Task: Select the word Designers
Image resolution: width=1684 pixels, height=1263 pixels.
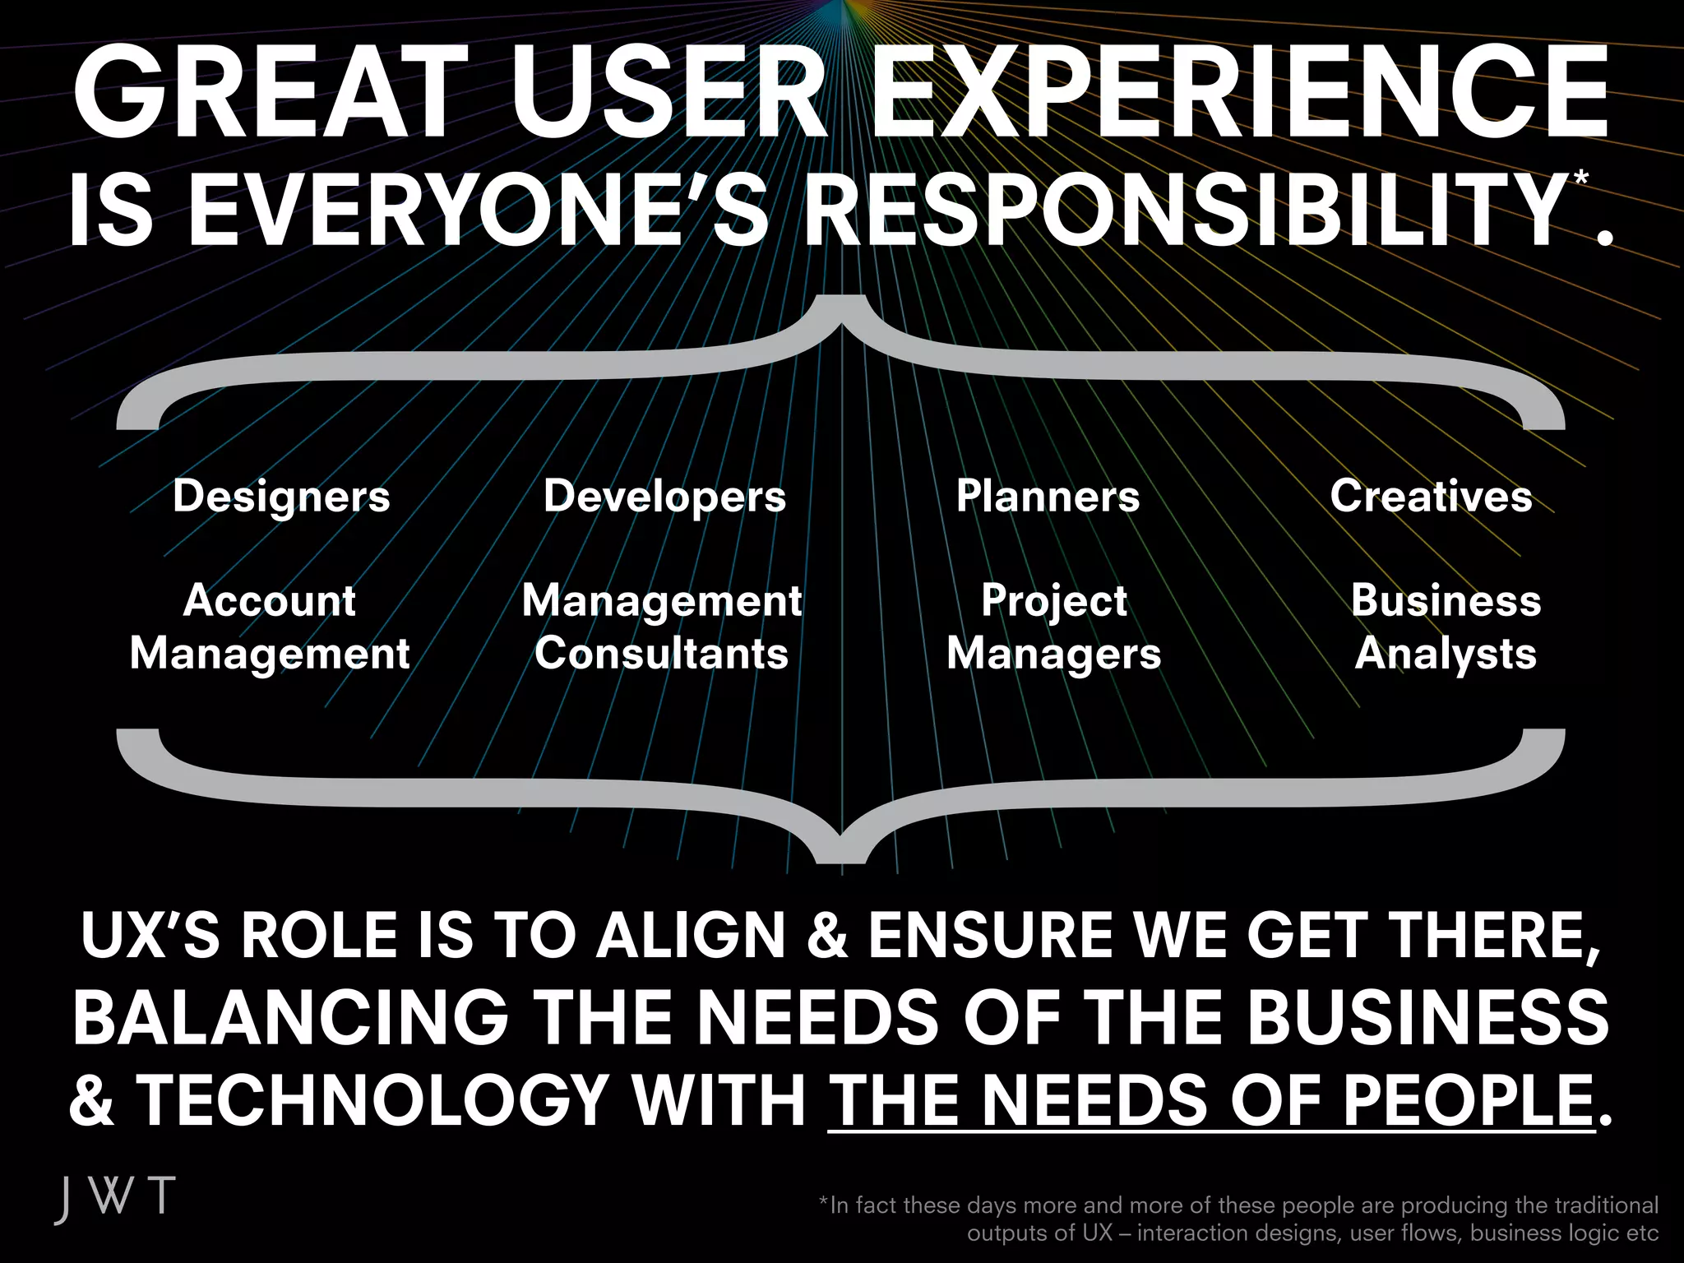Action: pos(281,497)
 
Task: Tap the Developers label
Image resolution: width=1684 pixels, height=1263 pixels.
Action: pos(664,497)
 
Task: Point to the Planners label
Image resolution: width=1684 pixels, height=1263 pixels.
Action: pos(1048,497)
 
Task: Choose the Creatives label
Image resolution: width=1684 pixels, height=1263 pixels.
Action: pos(1431,497)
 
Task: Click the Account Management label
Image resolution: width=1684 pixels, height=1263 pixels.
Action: pos(270,627)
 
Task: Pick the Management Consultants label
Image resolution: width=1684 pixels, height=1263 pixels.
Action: pos(662,627)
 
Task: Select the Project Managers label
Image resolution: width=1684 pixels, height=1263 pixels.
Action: pos(1053,627)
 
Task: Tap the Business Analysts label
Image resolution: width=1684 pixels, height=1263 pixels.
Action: pos(1446,627)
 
